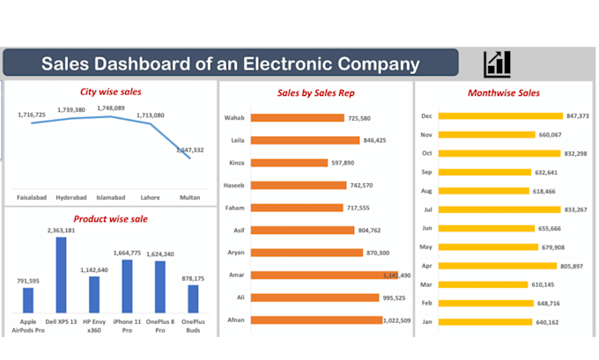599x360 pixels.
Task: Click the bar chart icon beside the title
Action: tap(497, 63)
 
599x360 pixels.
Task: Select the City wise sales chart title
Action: tap(111, 91)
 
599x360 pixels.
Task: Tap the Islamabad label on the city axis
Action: tap(110, 197)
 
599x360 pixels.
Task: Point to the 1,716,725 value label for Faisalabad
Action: tap(33, 114)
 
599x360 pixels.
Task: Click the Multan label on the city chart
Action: tap(189, 197)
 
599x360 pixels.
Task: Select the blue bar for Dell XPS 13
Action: tap(61, 275)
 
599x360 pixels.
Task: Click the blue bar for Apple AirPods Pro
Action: tap(28, 300)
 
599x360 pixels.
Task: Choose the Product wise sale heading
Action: tap(110, 218)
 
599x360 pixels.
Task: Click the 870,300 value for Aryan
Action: tap(382, 253)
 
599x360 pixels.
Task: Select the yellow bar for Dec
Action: tap(499, 115)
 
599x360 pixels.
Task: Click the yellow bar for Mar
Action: tap(484, 284)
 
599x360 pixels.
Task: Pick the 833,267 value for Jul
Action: tap(581, 209)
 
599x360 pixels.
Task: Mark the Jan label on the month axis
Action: tap(425, 322)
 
